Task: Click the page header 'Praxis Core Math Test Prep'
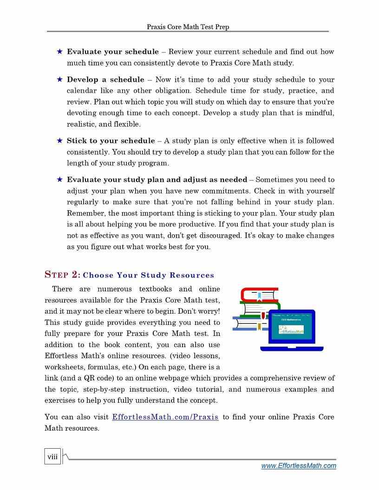click(x=188, y=27)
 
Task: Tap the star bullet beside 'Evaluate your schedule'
click(x=59, y=52)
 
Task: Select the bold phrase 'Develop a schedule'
click(x=105, y=80)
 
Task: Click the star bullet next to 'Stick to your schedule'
click(x=59, y=141)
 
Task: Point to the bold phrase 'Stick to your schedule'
click(x=111, y=141)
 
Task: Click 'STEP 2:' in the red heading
click(x=62, y=275)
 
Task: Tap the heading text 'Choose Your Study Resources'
click(x=149, y=276)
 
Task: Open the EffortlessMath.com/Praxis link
click(x=165, y=417)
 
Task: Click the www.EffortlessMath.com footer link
click(x=299, y=466)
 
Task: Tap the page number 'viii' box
click(x=52, y=457)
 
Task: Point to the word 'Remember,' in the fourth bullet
click(x=84, y=213)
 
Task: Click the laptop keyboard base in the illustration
click(x=292, y=348)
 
